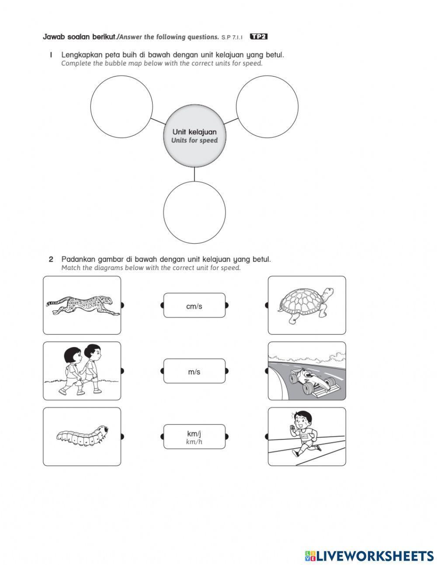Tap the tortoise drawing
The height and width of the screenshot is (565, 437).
[305, 305]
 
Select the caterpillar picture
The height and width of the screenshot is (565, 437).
[82, 436]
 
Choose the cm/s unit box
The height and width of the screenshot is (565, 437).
[194, 306]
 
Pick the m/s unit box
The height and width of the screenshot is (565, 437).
[194, 372]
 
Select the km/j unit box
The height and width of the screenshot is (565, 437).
[194, 437]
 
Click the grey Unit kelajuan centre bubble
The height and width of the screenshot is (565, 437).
[194, 136]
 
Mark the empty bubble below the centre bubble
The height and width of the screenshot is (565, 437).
[194, 212]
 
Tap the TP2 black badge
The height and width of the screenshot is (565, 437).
[258, 37]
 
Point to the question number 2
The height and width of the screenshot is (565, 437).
[51, 259]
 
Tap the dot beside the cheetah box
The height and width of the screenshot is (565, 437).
[122, 305]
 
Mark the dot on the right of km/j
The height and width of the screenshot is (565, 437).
[226, 436]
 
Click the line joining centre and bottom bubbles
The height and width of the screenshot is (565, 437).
[194, 174]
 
